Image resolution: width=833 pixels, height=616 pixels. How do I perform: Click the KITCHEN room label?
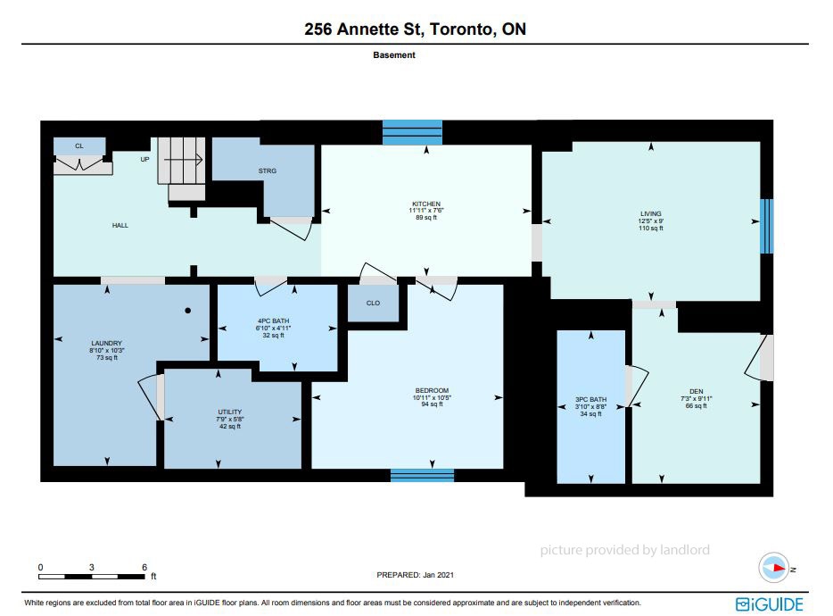pyautogui.click(x=426, y=204)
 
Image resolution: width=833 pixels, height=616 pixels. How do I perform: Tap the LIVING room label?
pyautogui.click(x=651, y=213)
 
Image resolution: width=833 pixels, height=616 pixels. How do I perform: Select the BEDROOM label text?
pyautogui.click(x=432, y=390)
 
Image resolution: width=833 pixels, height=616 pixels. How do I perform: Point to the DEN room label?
pyautogui.click(x=696, y=392)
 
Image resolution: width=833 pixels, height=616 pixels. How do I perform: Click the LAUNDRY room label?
pyautogui.click(x=106, y=343)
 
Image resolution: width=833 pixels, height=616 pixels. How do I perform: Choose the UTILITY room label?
pyautogui.click(x=229, y=412)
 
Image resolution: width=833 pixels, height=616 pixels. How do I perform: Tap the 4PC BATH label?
pyautogui.click(x=273, y=320)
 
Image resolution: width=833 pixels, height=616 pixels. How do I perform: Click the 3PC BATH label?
pyautogui.click(x=590, y=399)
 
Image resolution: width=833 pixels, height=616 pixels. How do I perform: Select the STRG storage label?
pyautogui.click(x=268, y=171)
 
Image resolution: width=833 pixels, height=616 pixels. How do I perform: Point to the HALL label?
pyautogui.click(x=120, y=226)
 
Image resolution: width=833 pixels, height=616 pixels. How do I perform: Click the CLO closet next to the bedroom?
pyautogui.click(x=373, y=303)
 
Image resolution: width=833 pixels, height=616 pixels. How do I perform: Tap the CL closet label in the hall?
pyautogui.click(x=79, y=146)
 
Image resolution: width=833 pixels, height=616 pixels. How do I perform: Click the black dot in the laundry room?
pyautogui.click(x=187, y=311)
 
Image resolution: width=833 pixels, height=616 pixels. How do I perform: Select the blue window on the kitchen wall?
pyautogui.click(x=412, y=132)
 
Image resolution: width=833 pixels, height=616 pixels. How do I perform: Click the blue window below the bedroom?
pyautogui.click(x=423, y=475)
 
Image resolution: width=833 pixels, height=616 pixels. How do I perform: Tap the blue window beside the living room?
pyautogui.click(x=767, y=226)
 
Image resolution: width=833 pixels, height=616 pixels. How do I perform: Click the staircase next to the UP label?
pyautogui.click(x=182, y=169)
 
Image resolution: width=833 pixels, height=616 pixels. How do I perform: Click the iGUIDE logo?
pyautogui.click(x=770, y=604)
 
